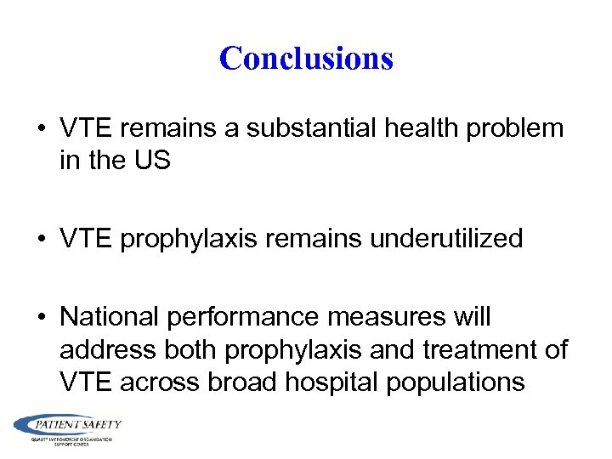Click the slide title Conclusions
pos(306,58)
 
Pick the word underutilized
pos(445,239)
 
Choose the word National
pos(109,317)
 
